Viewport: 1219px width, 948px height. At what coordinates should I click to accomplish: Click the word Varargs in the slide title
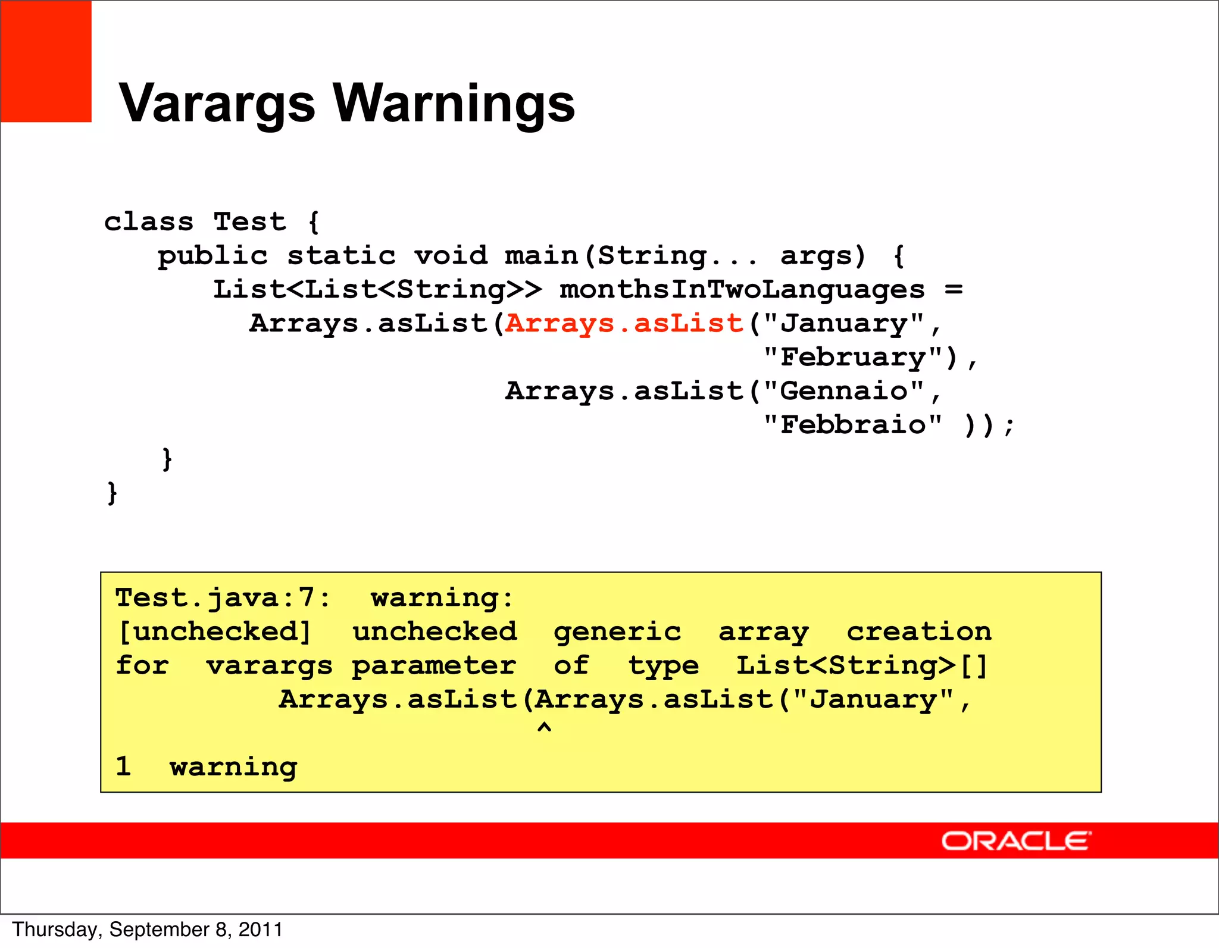217,104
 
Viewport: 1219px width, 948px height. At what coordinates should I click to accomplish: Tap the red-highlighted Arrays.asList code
624,323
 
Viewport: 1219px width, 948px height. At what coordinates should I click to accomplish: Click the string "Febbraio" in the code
852,425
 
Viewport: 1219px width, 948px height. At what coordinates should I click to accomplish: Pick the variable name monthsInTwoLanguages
742,290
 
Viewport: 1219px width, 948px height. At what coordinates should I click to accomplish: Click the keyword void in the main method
451,256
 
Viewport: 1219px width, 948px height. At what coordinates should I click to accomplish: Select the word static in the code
341,256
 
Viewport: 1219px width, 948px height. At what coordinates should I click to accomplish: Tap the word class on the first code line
149,222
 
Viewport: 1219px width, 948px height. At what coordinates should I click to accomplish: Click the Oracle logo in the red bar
1015,841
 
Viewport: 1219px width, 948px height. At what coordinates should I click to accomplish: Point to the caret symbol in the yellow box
544,728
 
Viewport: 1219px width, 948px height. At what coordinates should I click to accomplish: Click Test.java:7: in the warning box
222,597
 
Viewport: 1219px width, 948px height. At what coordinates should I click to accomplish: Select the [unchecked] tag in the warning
214,631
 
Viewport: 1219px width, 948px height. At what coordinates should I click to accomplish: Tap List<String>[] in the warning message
861,665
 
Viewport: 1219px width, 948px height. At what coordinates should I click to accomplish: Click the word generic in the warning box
617,631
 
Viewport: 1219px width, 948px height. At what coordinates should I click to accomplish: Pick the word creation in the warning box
918,631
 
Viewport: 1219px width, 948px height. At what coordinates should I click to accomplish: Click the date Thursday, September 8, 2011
147,930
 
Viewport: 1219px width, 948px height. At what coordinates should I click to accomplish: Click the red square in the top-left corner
46,61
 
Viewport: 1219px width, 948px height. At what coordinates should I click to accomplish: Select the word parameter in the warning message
433,665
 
